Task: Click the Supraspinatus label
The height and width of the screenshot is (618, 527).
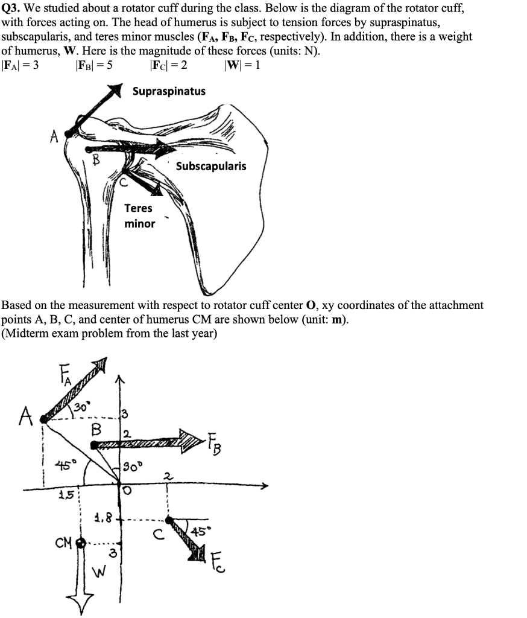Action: (169, 91)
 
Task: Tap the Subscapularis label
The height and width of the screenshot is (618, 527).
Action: (211, 166)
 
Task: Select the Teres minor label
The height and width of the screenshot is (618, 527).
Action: (139, 216)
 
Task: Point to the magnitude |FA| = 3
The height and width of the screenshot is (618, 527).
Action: (20, 66)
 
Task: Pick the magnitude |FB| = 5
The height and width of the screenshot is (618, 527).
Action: (93, 66)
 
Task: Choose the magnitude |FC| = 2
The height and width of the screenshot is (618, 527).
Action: (167, 66)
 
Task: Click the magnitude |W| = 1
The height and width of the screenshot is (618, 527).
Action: (241, 66)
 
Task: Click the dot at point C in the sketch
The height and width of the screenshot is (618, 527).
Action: (169, 520)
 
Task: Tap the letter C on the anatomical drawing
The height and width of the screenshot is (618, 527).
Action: (122, 180)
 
